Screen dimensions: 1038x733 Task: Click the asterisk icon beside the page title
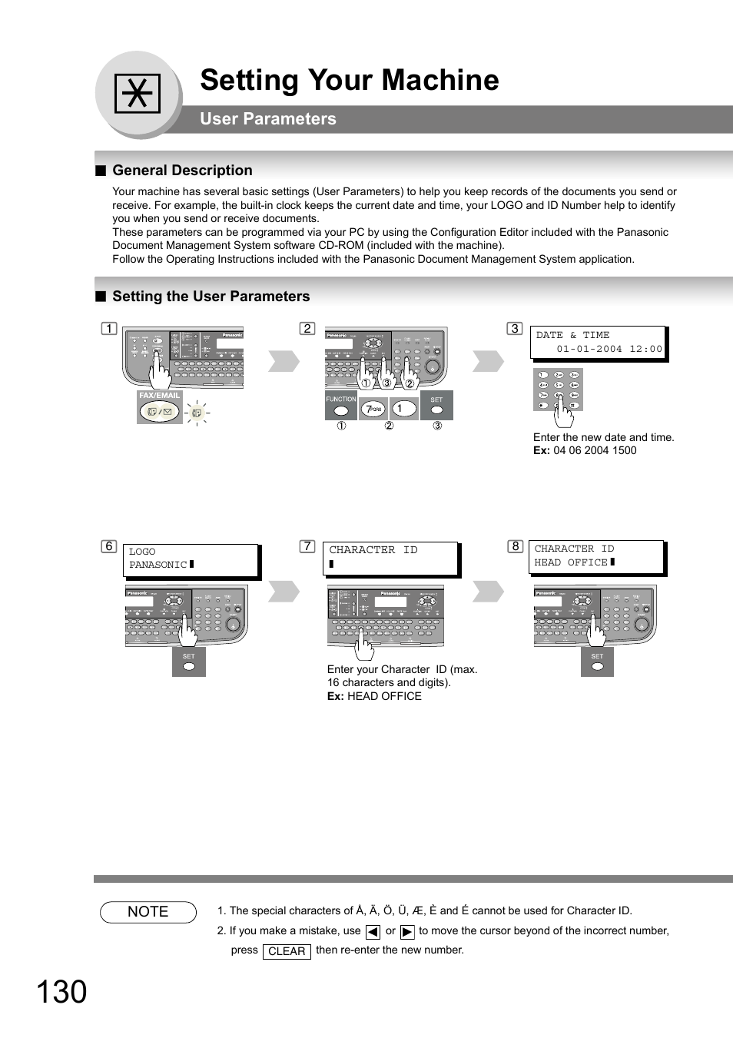point(138,94)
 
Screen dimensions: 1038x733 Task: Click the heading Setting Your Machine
point(349,80)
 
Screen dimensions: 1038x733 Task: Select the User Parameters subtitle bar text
point(267,119)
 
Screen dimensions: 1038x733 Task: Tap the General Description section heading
point(182,171)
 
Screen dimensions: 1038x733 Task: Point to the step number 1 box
point(109,329)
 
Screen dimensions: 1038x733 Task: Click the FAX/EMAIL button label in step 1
point(159,396)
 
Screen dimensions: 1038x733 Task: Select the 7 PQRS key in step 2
point(373,410)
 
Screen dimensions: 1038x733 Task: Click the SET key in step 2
point(436,406)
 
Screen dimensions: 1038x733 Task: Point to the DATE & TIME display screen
point(598,342)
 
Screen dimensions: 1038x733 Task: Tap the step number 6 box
point(109,546)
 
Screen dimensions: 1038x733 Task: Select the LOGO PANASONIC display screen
point(191,559)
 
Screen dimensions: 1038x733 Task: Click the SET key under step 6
point(189,662)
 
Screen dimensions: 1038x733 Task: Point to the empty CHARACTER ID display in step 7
point(390,558)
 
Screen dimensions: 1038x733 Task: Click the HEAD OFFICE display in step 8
point(597,556)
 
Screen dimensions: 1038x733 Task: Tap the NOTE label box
point(148,912)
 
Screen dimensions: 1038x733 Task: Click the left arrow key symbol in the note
point(373,932)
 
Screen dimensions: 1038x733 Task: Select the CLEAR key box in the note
point(287,951)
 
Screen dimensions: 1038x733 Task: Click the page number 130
point(61,993)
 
